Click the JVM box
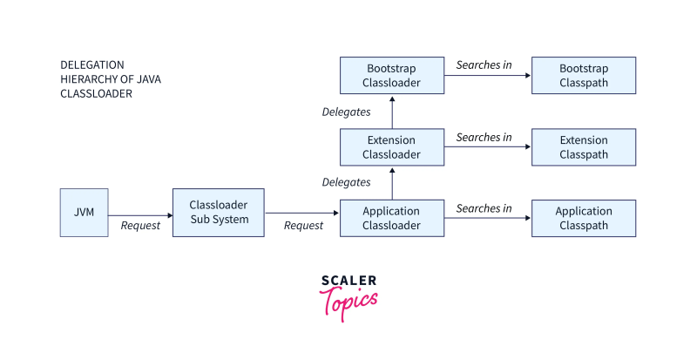[x=84, y=212]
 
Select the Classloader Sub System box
[x=219, y=212]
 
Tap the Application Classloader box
[x=391, y=218]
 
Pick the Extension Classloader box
[x=391, y=147]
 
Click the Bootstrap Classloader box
[x=391, y=76]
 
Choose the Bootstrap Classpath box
[x=583, y=76]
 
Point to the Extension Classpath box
[x=583, y=147]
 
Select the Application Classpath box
[x=583, y=218]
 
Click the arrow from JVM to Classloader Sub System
[x=140, y=215]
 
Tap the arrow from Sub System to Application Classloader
[x=301, y=213]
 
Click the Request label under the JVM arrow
[x=140, y=226]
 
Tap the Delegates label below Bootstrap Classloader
[x=346, y=112]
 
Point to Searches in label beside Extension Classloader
[x=484, y=137]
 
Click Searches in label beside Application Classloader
[x=484, y=208]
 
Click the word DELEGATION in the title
[x=92, y=65]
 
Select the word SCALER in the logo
[x=348, y=281]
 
